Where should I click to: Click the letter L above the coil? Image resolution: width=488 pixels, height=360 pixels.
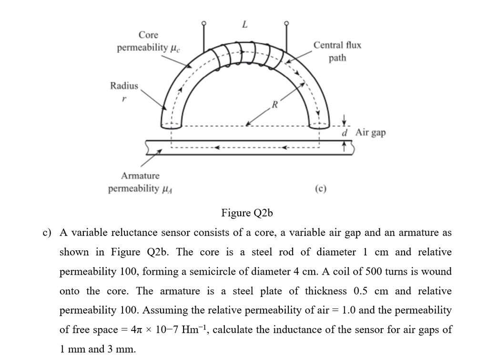tap(245, 25)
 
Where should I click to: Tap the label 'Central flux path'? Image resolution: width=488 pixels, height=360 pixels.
tap(337, 51)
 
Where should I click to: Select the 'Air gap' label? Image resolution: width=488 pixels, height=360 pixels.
tap(370, 132)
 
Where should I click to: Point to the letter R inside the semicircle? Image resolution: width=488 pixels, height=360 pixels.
tap(274, 103)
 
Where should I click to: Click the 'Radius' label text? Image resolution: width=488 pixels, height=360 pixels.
tap(124, 86)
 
